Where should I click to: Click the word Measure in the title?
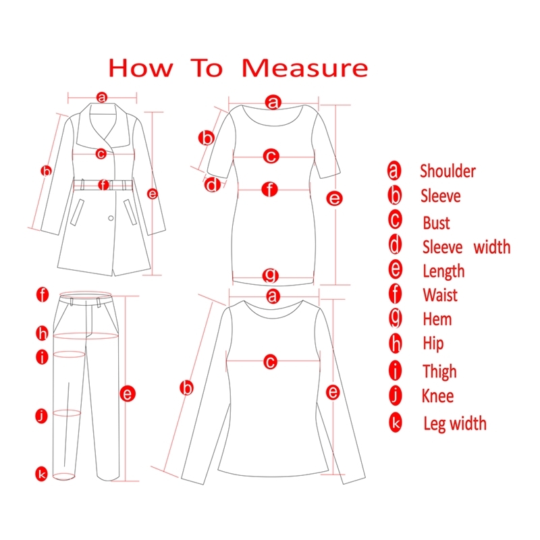tap(305, 68)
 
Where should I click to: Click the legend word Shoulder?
tap(448, 171)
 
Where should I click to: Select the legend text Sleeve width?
tap(466, 247)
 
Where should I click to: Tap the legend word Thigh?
tap(440, 372)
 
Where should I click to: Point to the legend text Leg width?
tap(455, 424)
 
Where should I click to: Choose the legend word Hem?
tap(437, 319)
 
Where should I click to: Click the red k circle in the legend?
tap(396, 423)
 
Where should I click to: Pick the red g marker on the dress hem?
tap(271, 275)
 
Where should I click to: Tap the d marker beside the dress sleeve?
tap(212, 184)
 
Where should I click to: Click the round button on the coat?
tap(111, 218)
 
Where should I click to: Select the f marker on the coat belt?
tap(103, 185)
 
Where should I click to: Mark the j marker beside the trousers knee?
tap(42, 416)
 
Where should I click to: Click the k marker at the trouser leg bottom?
tap(41, 474)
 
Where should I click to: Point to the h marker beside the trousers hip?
tap(42, 333)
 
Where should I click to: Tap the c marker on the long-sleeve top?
tap(271, 362)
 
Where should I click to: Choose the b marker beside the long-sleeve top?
tap(187, 388)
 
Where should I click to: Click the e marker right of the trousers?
tap(128, 394)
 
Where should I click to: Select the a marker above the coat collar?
tap(102, 97)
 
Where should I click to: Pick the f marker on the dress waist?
tap(269, 190)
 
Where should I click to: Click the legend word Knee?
tap(437, 396)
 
